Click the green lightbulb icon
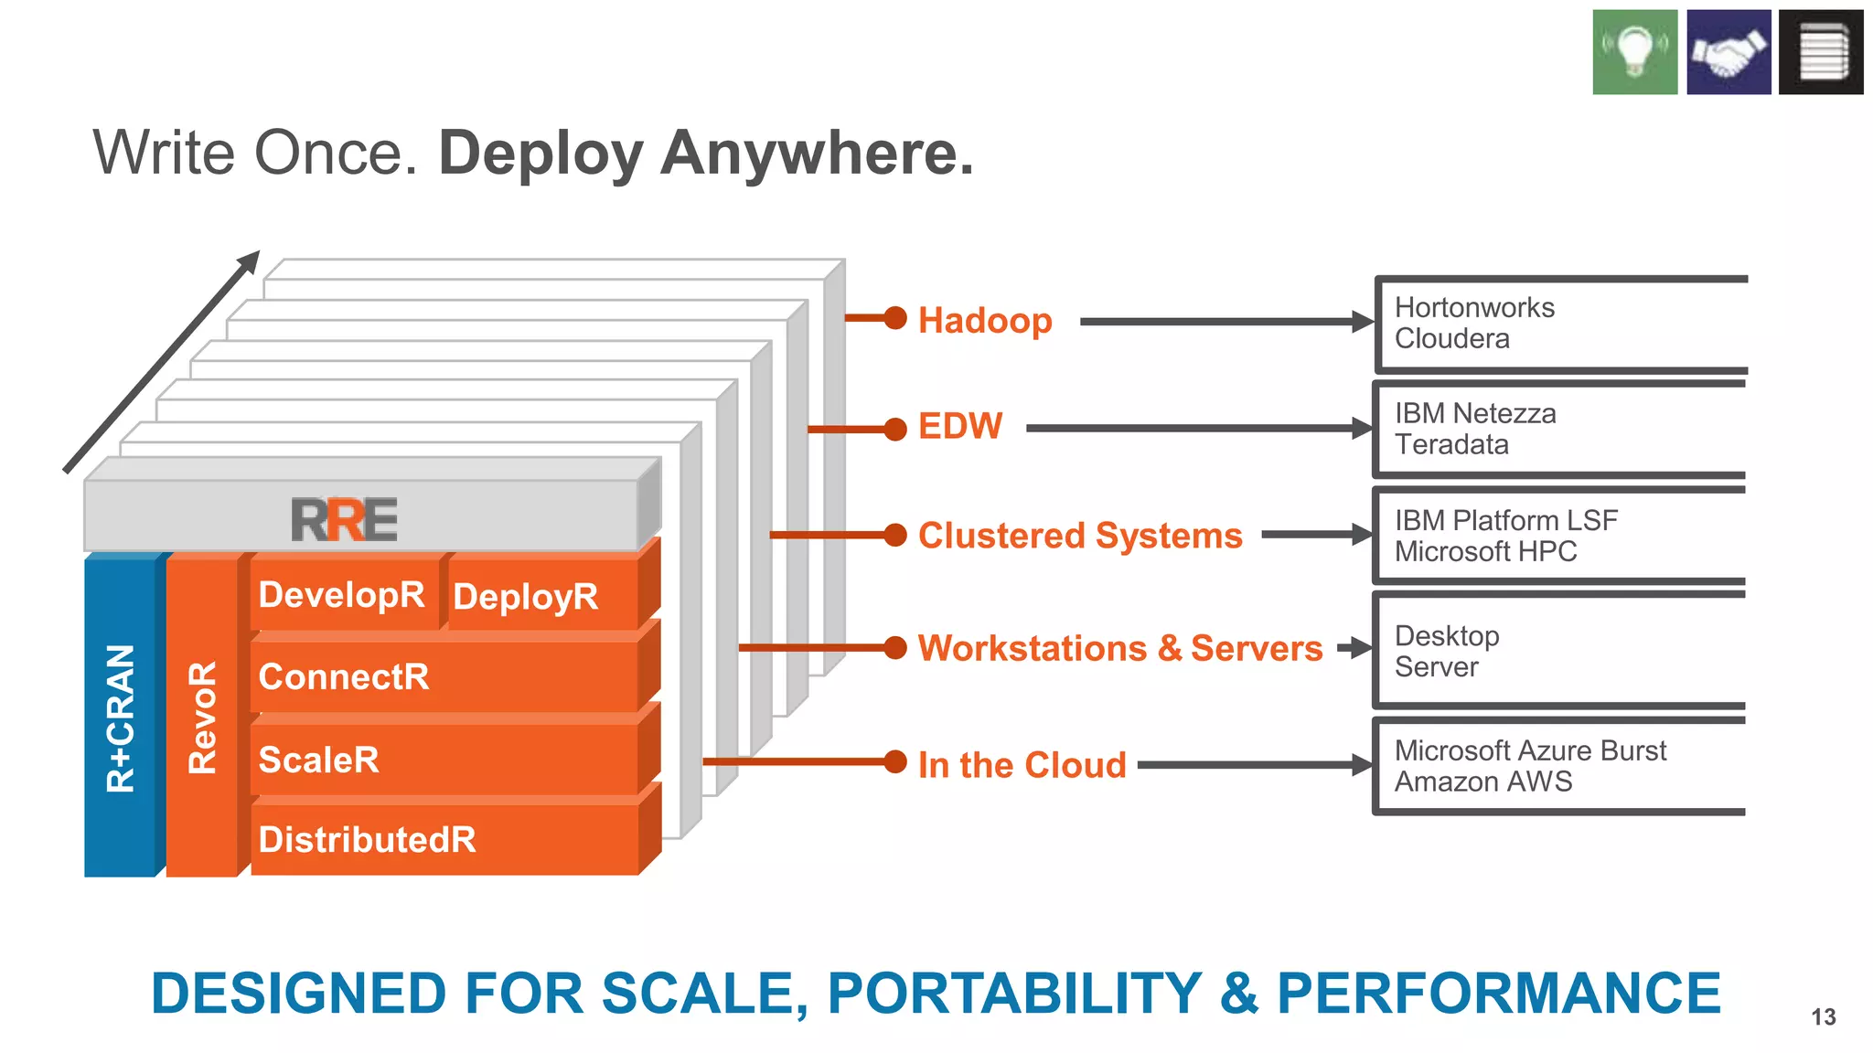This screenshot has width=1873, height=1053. [x=1634, y=52]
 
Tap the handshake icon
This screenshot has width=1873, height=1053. [x=1728, y=52]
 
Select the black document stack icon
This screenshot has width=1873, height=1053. [x=1821, y=52]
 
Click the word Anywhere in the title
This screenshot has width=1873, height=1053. [x=817, y=153]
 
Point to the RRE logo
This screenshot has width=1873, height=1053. [x=344, y=520]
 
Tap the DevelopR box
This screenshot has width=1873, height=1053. [x=341, y=595]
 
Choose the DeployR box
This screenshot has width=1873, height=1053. [x=526, y=597]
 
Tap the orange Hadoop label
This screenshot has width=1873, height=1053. [x=985, y=321]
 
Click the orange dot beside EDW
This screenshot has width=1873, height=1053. [x=895, y=428]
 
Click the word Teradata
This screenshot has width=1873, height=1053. [x=1451, y=445]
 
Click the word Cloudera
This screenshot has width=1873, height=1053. [x=1451, y=339]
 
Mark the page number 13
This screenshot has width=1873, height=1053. [x=1823, y=1016]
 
